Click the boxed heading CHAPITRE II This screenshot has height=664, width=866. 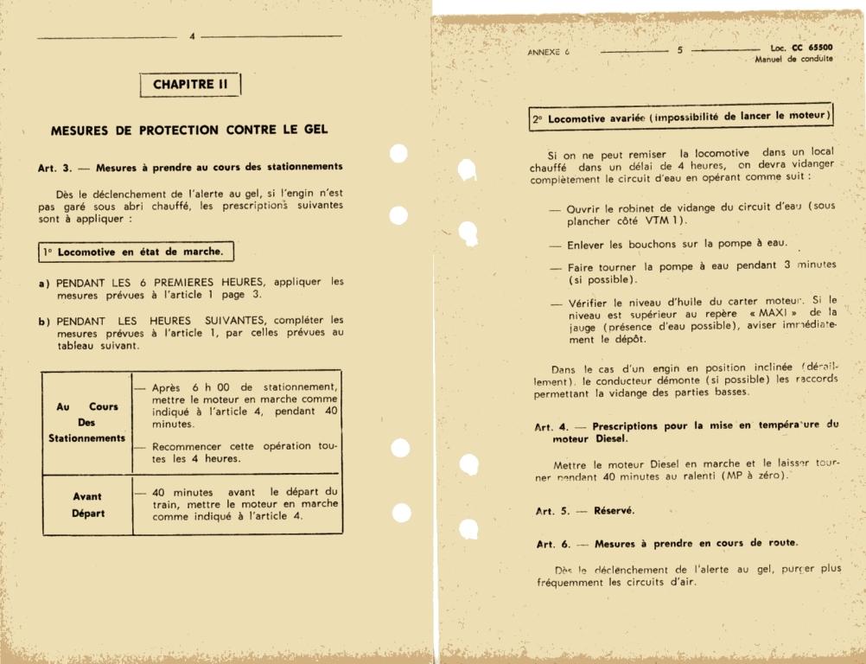coord(190,85)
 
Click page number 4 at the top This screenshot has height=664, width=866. coord(193,36)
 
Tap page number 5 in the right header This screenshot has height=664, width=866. coord(679,50)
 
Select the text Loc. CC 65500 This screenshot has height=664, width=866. coord(801,48)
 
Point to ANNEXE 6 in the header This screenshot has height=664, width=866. coord(548,52)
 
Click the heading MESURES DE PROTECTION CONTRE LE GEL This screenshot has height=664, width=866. coord(189,131)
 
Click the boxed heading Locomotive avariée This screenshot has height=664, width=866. coord(681,117)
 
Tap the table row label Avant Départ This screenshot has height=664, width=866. coord(86,505)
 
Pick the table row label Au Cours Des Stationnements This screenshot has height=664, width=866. coord(86,422)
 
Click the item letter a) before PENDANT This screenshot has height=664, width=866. coord(43,282)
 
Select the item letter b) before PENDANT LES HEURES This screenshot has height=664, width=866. coord(43,320)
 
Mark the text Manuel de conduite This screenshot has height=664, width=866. coord(793,60)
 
